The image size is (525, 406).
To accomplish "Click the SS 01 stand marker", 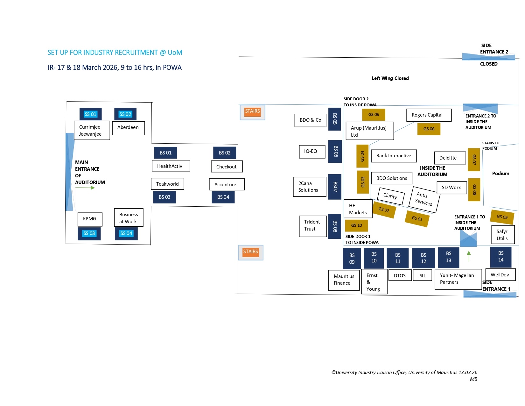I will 90,114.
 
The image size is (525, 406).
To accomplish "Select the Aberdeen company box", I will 128,128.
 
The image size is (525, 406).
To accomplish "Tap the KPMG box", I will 90,219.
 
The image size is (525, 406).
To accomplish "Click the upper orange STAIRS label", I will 252,111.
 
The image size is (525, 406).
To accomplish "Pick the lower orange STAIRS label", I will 251,252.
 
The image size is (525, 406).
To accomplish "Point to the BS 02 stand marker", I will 225,153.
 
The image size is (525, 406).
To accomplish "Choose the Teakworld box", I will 167,184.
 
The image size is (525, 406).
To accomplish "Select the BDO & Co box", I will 310,120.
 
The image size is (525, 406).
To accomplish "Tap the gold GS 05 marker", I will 374,115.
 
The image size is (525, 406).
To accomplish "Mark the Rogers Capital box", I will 429,115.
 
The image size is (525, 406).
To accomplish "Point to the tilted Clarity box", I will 391,196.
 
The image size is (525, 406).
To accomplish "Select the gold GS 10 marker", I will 356,225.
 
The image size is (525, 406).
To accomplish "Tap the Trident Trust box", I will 313,226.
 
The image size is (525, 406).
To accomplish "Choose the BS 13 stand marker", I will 449,257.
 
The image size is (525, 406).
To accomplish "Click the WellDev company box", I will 500,275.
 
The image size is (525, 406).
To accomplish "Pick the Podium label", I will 500,174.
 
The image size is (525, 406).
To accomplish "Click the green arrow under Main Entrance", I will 85,188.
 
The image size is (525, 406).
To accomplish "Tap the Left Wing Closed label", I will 390,78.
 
